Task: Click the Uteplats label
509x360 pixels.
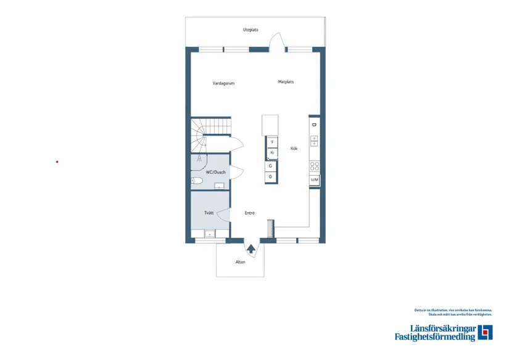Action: [250, 30]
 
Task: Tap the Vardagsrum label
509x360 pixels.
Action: [223, 83]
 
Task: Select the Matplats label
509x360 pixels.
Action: [286, 81]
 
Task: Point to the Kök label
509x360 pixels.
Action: [294, 148]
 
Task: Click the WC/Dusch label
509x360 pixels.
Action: [215, 172]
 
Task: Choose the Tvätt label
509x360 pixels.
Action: [209, 213]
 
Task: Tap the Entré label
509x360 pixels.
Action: [249, 213]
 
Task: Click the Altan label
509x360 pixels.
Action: [240, 262]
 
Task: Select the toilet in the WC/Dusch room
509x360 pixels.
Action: [197, 181]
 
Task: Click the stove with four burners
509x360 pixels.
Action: [314, 166]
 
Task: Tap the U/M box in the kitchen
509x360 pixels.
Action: [314, 179]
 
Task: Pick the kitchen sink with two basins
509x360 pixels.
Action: [313, 141]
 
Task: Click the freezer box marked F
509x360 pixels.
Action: [271, 142]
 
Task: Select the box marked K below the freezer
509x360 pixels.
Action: [271, 152]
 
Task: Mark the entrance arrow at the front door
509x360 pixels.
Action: [251, 249]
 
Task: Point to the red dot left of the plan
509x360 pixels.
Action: [57, 162]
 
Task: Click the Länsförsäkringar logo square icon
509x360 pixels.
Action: [485, 332]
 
